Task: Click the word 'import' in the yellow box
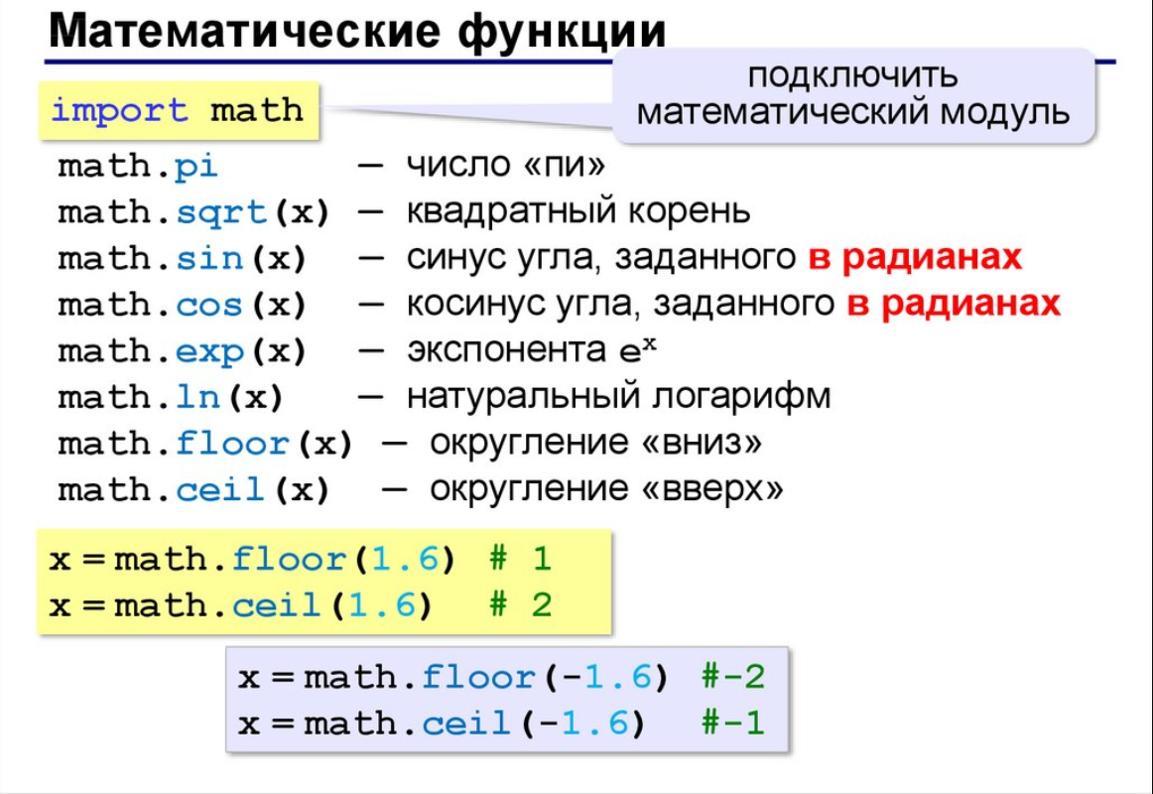tap(119, 111)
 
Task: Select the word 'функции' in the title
tap(562, 32)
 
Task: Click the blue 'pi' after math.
tap(196, 167)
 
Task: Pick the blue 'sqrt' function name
tap(221, 213)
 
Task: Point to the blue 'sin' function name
tap(209, 258)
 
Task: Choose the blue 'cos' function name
tap(209, 305)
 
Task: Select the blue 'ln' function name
tap(197, 397)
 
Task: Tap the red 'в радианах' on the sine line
tap(915, 257)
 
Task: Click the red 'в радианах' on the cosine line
tap(953, 304)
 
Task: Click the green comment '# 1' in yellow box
tap(520, 559)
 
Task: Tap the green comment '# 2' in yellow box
tap(520, 605)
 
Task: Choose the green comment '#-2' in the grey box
tap(733, 676)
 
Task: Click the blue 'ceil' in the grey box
tap(466, 724)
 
